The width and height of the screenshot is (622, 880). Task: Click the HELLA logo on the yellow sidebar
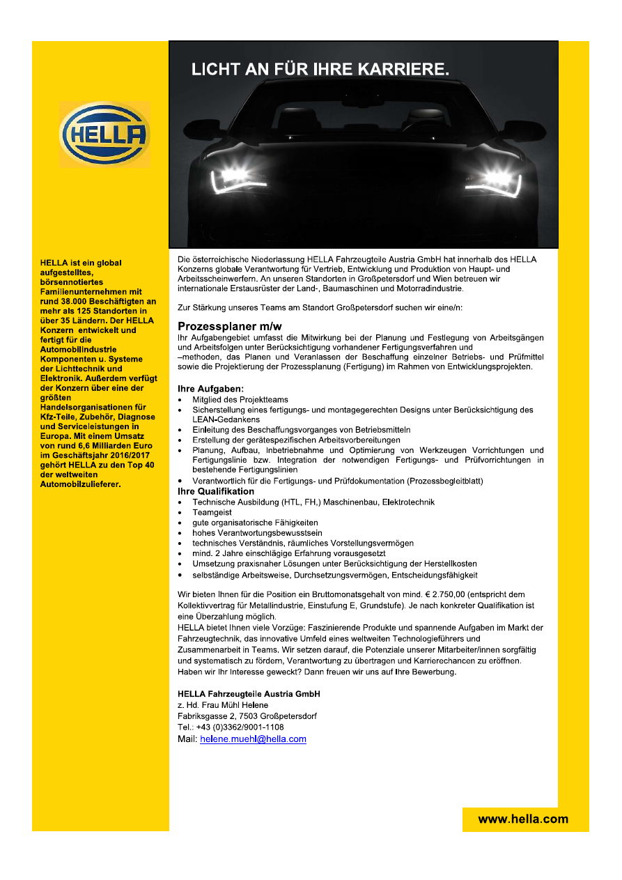click(104, 134)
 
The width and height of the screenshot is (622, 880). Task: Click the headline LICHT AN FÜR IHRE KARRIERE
click(320, 69)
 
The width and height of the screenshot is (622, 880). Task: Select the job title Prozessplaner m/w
click(229, 326)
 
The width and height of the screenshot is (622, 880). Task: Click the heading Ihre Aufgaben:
click(210, 389)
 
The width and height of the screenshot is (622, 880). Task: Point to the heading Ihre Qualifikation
click(216, 491)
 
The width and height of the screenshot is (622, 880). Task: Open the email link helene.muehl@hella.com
click(253, 739)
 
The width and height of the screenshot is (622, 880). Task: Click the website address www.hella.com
click(523, 819)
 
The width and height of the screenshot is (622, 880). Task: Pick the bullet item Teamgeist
click(212, 512)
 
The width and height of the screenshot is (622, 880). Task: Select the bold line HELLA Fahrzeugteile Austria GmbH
click(249, 694)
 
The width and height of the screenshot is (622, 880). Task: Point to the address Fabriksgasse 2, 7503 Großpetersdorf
click(247, 716)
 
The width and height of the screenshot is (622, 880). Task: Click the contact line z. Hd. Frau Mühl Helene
click(223, 705)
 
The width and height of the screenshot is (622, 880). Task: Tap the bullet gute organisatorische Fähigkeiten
click(255, 523)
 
